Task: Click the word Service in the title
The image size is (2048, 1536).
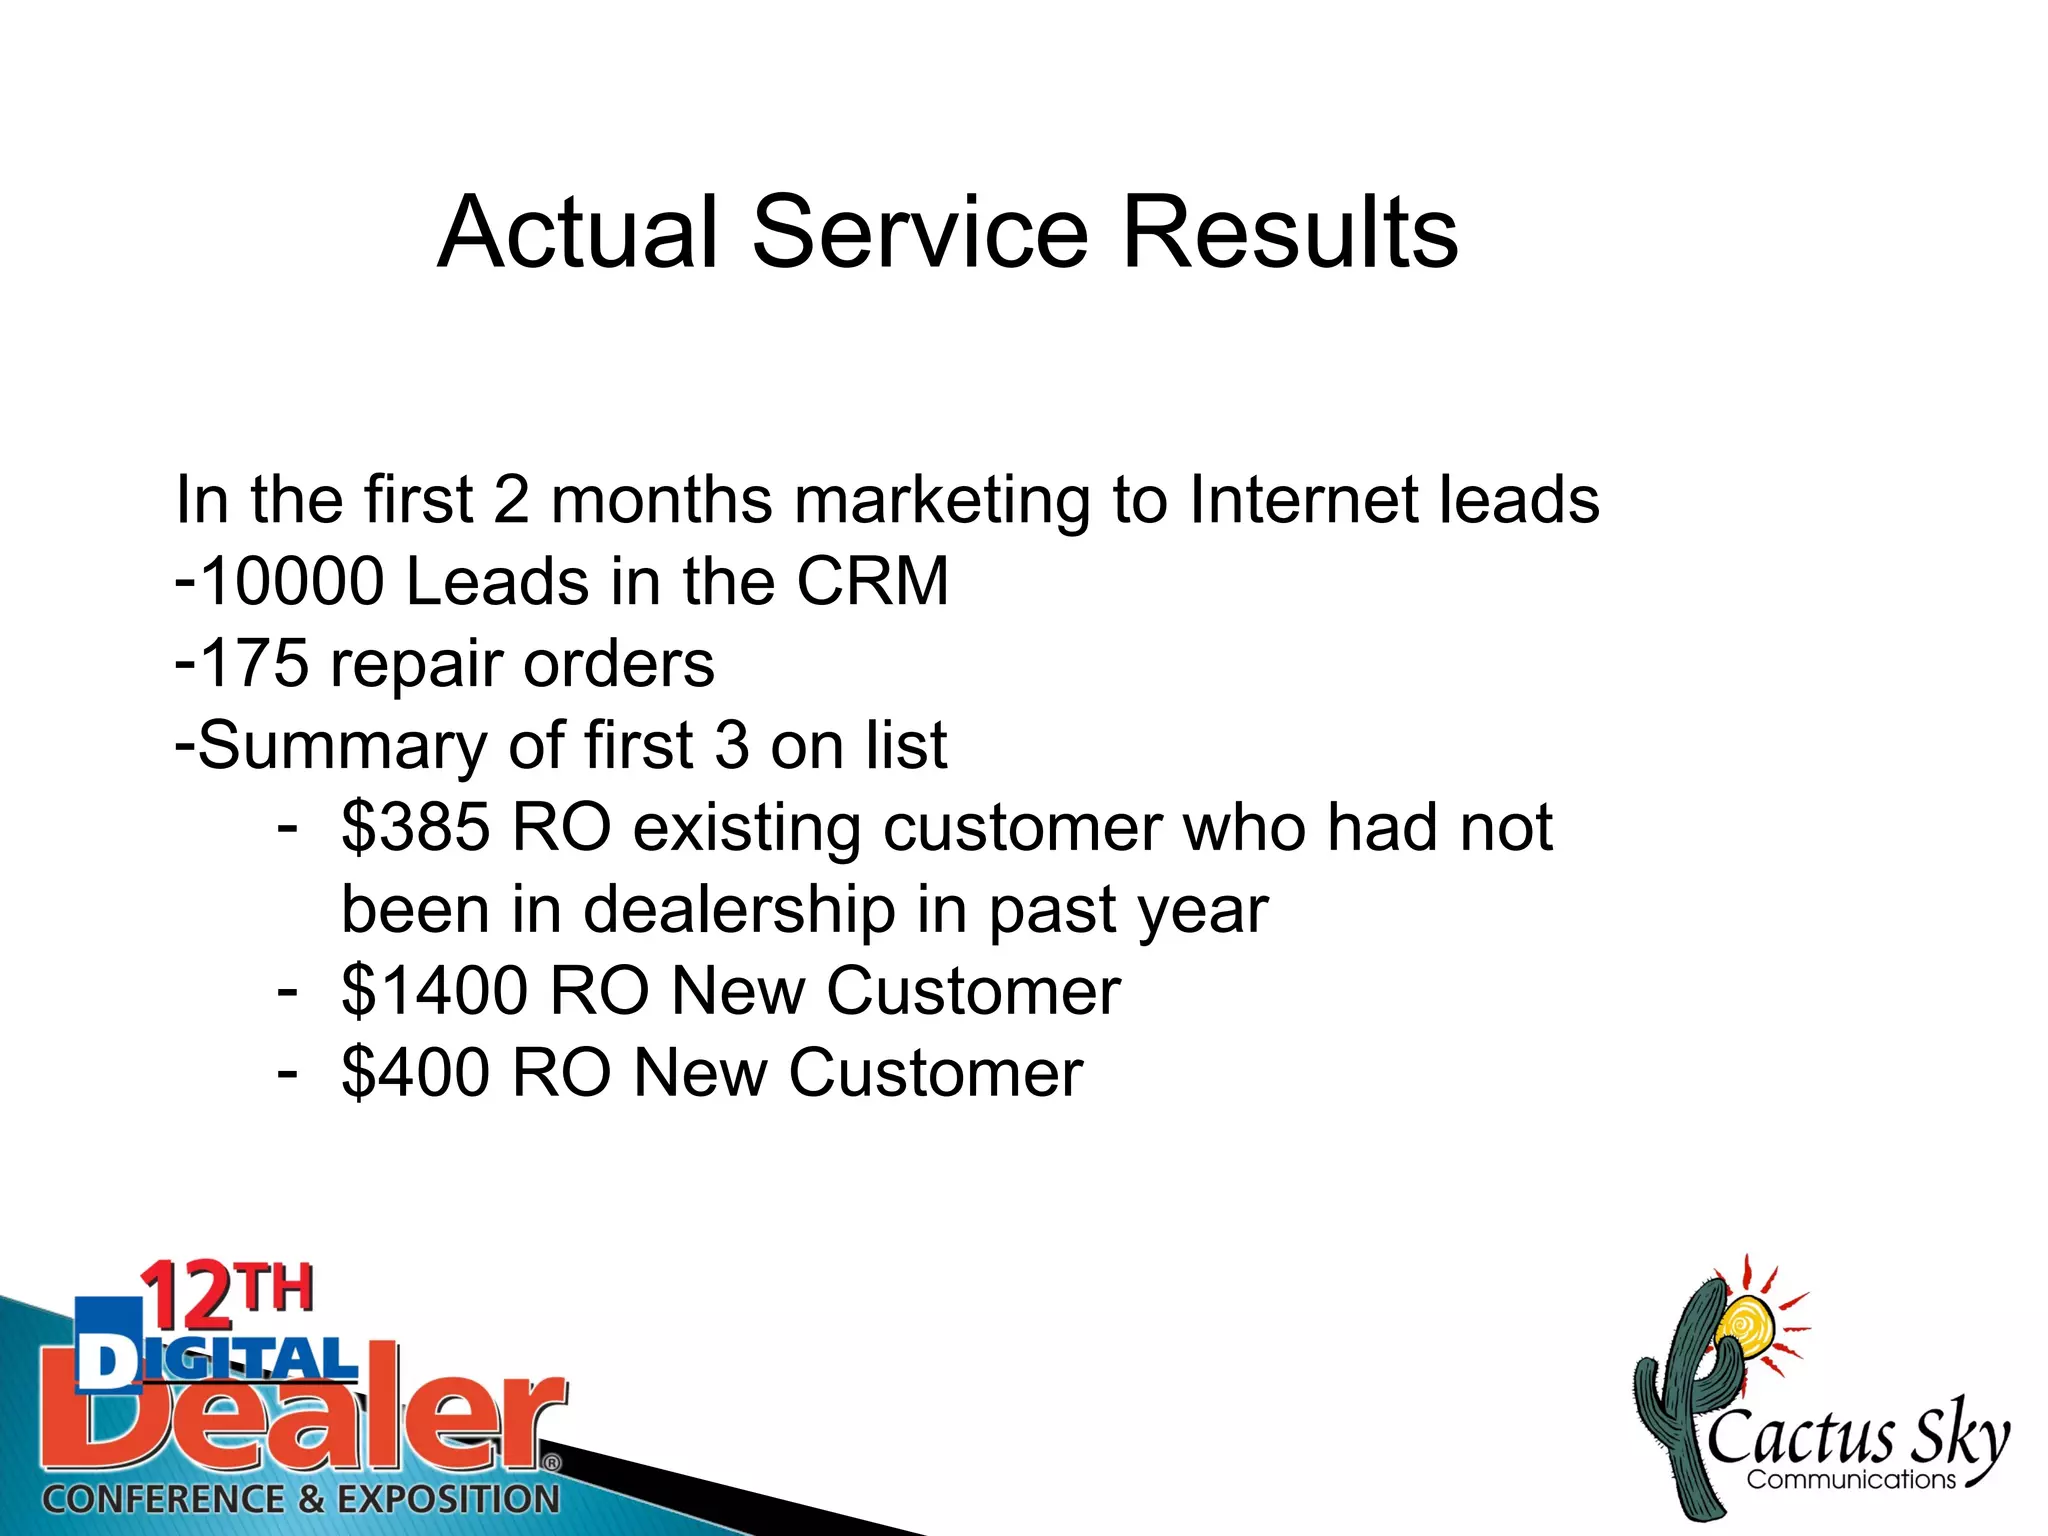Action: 919,232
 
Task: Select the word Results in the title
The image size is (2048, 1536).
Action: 1290,232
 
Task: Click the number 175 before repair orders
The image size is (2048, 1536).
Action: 254,663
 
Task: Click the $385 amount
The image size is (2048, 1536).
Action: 416,828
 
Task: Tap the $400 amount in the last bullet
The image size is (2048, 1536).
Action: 416,1073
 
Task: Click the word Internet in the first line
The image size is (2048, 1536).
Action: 1303,499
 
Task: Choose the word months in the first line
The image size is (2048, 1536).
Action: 661,499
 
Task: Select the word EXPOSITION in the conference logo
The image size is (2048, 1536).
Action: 448,1499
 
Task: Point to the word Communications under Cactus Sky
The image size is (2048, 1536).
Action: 1851,1479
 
